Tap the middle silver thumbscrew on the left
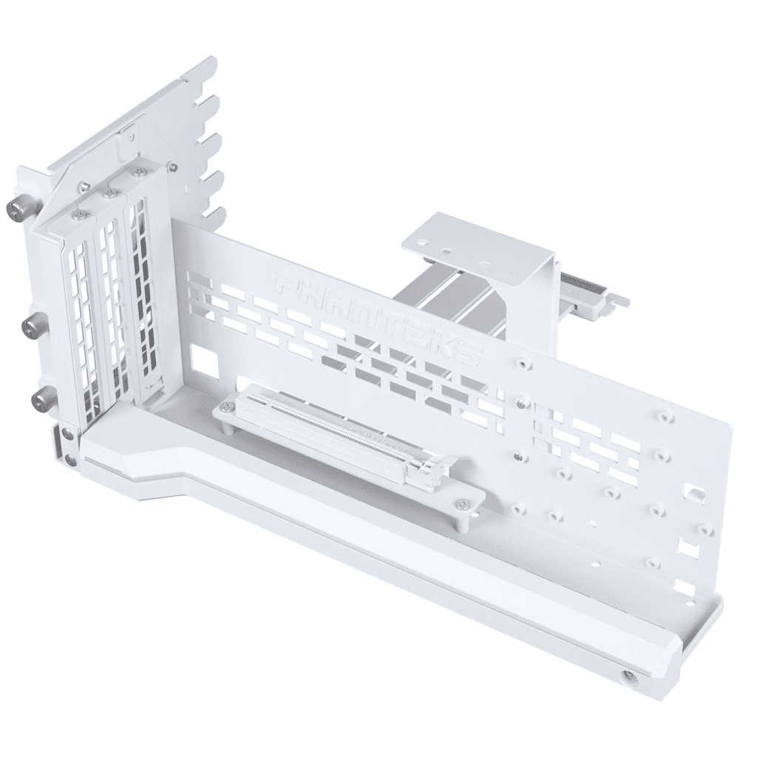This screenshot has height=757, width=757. click(x=33, y=325)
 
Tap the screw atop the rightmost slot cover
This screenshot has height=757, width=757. click(x=137, y=172)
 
